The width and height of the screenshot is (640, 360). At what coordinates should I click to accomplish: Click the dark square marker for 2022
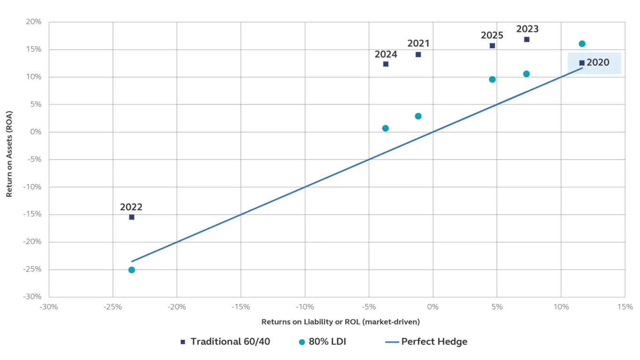132,217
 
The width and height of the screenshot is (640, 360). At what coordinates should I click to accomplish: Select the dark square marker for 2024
386,64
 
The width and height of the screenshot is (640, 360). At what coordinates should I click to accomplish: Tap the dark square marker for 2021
418,54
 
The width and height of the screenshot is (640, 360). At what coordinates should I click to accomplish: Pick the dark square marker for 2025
492,46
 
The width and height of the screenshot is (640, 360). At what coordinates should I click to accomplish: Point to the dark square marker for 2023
527,39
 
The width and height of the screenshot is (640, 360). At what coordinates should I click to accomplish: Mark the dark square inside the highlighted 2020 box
582,63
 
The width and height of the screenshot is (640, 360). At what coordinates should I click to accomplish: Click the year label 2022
131,207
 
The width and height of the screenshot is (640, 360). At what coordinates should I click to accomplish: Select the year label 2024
386,54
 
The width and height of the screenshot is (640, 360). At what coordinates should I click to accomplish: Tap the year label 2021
418,44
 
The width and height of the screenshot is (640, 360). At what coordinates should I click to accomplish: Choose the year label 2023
528,29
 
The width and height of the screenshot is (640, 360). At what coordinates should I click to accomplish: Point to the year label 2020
598,63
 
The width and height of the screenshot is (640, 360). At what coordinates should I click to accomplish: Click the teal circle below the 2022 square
132,270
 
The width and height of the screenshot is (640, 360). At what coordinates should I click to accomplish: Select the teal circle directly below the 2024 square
386,128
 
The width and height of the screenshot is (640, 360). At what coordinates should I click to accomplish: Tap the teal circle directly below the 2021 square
418,116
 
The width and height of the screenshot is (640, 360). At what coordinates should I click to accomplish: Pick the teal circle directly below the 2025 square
492,80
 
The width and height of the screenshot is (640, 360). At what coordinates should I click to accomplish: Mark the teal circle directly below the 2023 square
527,74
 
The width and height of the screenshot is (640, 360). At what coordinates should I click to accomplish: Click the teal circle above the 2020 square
582,44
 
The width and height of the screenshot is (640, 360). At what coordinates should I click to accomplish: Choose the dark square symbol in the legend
184,342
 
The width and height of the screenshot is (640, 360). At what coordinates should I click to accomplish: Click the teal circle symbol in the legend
302,342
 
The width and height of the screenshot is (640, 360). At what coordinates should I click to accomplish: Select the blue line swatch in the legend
391,342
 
